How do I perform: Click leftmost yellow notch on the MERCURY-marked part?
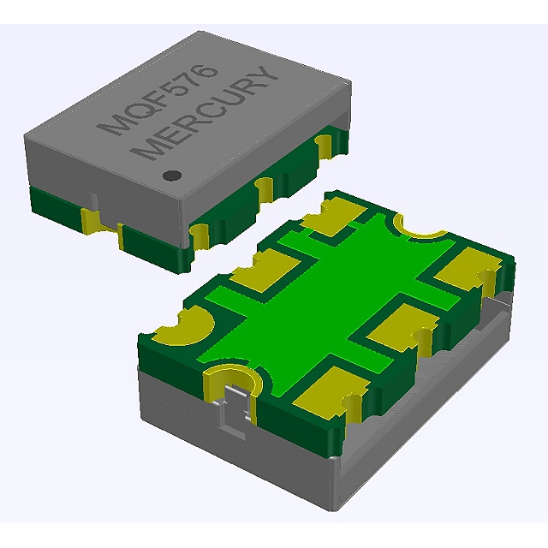point(91,221)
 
